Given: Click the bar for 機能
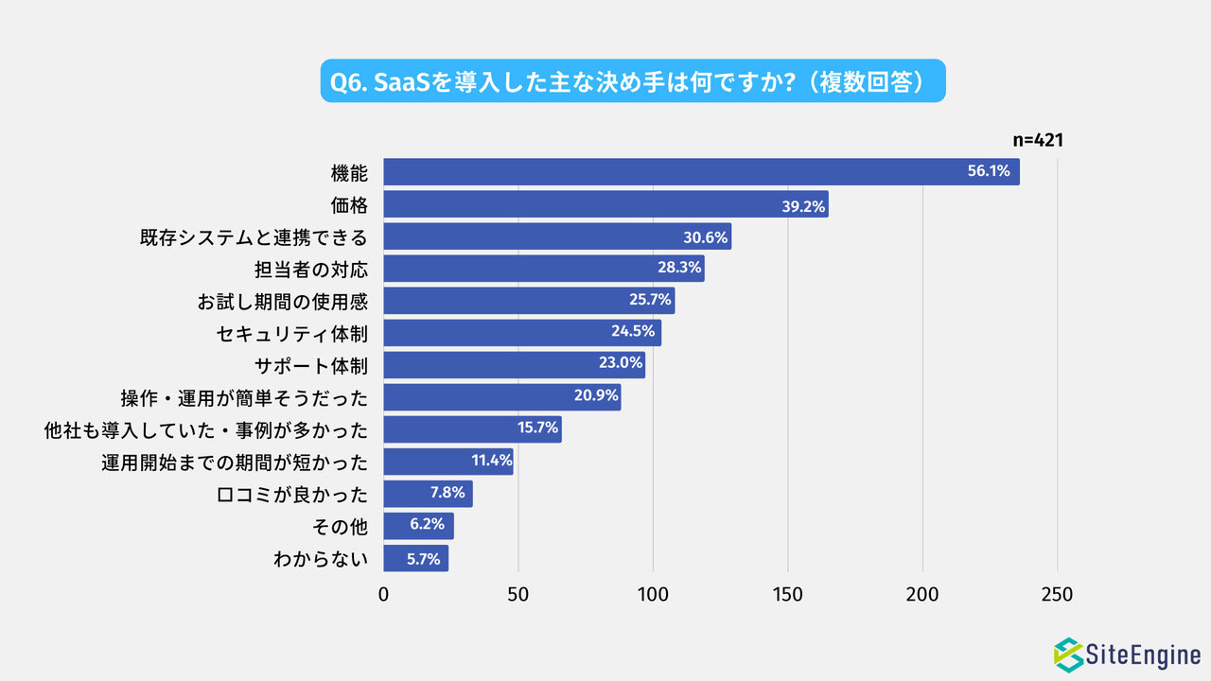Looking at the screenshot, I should (700, 172).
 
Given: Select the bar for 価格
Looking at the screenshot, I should (605, 204).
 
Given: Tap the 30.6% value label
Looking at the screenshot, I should (706, 236).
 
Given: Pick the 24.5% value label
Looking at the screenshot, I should (635, 333).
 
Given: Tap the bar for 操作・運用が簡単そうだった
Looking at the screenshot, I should (501, 397).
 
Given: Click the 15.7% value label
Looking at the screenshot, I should (538, 429).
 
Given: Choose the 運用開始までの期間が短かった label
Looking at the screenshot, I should (235, 462).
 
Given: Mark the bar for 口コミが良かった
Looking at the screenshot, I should (428, 494).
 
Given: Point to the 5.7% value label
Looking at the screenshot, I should (424, 558).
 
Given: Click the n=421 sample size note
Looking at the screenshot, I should (1039, 140).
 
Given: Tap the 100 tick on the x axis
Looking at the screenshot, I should (653, 595).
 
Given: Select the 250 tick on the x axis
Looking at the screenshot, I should (1057, 595).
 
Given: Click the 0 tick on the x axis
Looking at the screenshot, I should (383, 595).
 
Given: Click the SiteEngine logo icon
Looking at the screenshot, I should (1069, 654).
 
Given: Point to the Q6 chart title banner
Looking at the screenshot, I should (633, 81).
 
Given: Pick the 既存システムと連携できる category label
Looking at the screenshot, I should (254, 236).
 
